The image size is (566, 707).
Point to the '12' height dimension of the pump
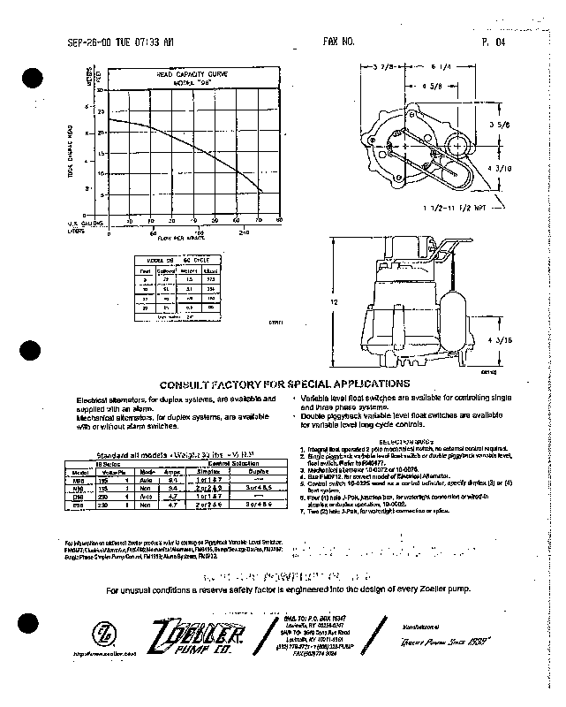335,301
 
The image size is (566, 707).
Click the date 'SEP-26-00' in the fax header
87,42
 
